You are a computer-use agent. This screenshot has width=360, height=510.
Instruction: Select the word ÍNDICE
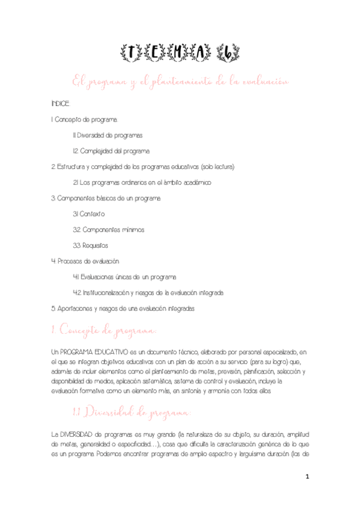click(x=61, y=104)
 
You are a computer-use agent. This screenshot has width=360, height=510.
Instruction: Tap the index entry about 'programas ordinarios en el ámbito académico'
click(x=142, y=182)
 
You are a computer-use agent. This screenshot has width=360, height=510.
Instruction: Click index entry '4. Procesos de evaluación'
click(x=85, y=261)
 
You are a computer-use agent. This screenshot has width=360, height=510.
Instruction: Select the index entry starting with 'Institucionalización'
click(x=148, y=292)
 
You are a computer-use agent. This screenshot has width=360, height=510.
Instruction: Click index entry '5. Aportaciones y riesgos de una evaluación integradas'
click(x=123, y=308)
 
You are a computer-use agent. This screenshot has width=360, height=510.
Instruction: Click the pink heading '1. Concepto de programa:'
click(x=105, y=331)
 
